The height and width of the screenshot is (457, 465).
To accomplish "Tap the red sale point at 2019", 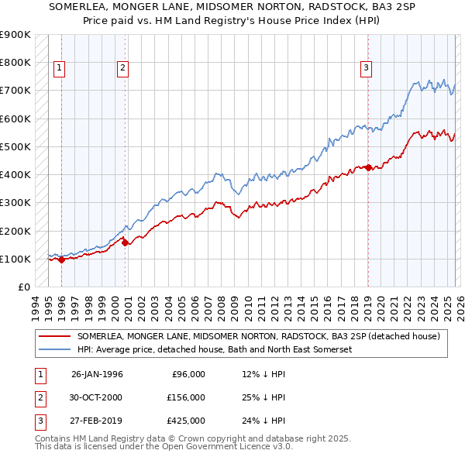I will (369, 167).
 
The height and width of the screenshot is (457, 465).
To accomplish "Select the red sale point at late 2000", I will (125, 243).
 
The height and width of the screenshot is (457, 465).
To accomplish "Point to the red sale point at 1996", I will (61, 259).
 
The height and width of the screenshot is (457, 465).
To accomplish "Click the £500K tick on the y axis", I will (15, 146).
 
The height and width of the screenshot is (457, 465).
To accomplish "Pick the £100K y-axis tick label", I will (15, 259).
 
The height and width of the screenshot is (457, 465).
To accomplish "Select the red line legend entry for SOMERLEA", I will (259, 336).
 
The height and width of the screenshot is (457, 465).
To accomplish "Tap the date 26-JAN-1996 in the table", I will (97, 374).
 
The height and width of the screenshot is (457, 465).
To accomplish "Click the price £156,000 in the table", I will (187, 397).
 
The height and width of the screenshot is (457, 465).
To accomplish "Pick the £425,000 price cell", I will (187, 421).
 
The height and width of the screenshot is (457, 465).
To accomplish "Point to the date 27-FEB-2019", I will (97, 421).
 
